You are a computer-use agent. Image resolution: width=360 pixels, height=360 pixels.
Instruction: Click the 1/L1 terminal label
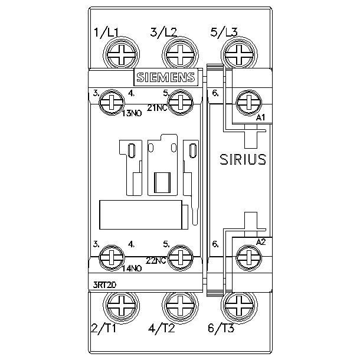click(x=106, y=32)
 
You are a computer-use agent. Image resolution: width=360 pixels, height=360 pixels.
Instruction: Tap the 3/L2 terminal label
click(x=163, y=32)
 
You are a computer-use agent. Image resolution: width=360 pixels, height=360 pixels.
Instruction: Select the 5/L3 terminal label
click(x=224, y=32)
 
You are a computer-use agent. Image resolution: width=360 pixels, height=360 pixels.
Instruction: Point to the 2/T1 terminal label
click(x=103, y=328)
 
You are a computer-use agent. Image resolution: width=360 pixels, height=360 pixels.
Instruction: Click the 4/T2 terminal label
click(x=162, y=328)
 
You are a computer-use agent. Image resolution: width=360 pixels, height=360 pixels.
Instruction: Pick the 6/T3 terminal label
click(x=221, y=328)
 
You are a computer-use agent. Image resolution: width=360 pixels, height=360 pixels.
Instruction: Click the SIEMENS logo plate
click(x=166, y=77)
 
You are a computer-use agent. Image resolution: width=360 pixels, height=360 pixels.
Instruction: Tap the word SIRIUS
click(x=243, y=159)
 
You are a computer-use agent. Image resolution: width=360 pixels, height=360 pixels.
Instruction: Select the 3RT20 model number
click(x=104, y=285)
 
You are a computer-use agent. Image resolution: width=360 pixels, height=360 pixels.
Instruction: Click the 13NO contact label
click(x=132, y=113)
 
